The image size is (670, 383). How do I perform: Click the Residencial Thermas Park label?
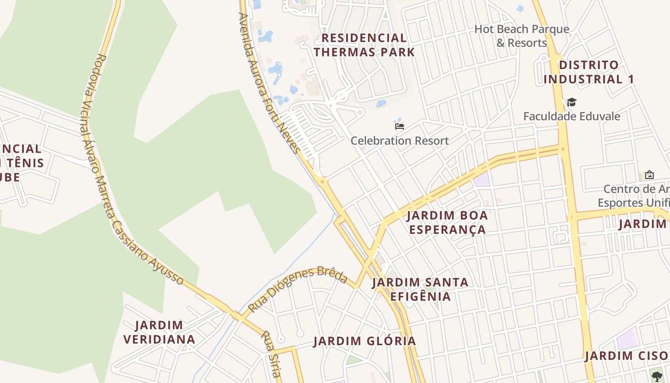[364, 45]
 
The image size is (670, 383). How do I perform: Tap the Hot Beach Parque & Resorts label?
[522, 36]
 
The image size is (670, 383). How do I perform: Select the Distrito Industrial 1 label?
[589, 72]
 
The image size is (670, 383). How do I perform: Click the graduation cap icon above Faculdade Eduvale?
[571, 102]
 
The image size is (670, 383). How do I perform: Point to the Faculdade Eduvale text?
[571, 116]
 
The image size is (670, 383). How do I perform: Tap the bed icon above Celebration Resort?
[400, 126]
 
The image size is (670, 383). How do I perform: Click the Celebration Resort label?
[400, 141]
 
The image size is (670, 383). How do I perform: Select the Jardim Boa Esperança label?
[447, 222]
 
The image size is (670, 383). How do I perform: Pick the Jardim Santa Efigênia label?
[420, 289]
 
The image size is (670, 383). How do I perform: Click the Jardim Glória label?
[365, 341]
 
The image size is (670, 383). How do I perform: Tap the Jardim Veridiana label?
[159, 332]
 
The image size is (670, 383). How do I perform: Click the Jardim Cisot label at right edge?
[627, 356]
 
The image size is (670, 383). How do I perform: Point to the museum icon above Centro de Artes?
[649, 175]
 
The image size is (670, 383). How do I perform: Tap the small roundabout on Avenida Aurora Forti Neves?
[323, 181]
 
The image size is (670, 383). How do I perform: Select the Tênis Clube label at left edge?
[22, 163]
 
